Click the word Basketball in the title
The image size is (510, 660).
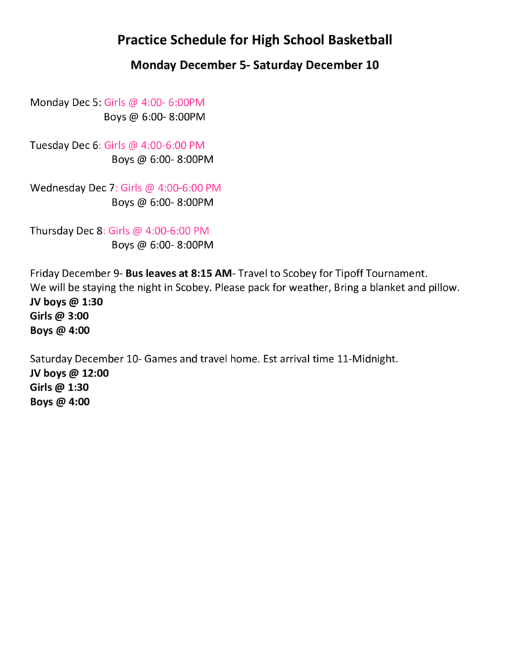point(360,40)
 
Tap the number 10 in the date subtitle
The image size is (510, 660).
point(373,65)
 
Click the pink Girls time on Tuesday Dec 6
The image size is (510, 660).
point(154,145)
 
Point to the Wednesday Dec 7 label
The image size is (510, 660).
point(72,188)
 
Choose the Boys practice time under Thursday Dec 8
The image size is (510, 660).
point(162,245)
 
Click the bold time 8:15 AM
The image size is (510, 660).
point(211,273)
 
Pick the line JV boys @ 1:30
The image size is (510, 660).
point(66,302)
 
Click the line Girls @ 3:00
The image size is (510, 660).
point(59,316)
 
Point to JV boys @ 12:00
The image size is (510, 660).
point(70,373)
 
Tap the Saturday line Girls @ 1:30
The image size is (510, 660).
point(59,387)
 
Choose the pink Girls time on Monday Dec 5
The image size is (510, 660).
point(154,102)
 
